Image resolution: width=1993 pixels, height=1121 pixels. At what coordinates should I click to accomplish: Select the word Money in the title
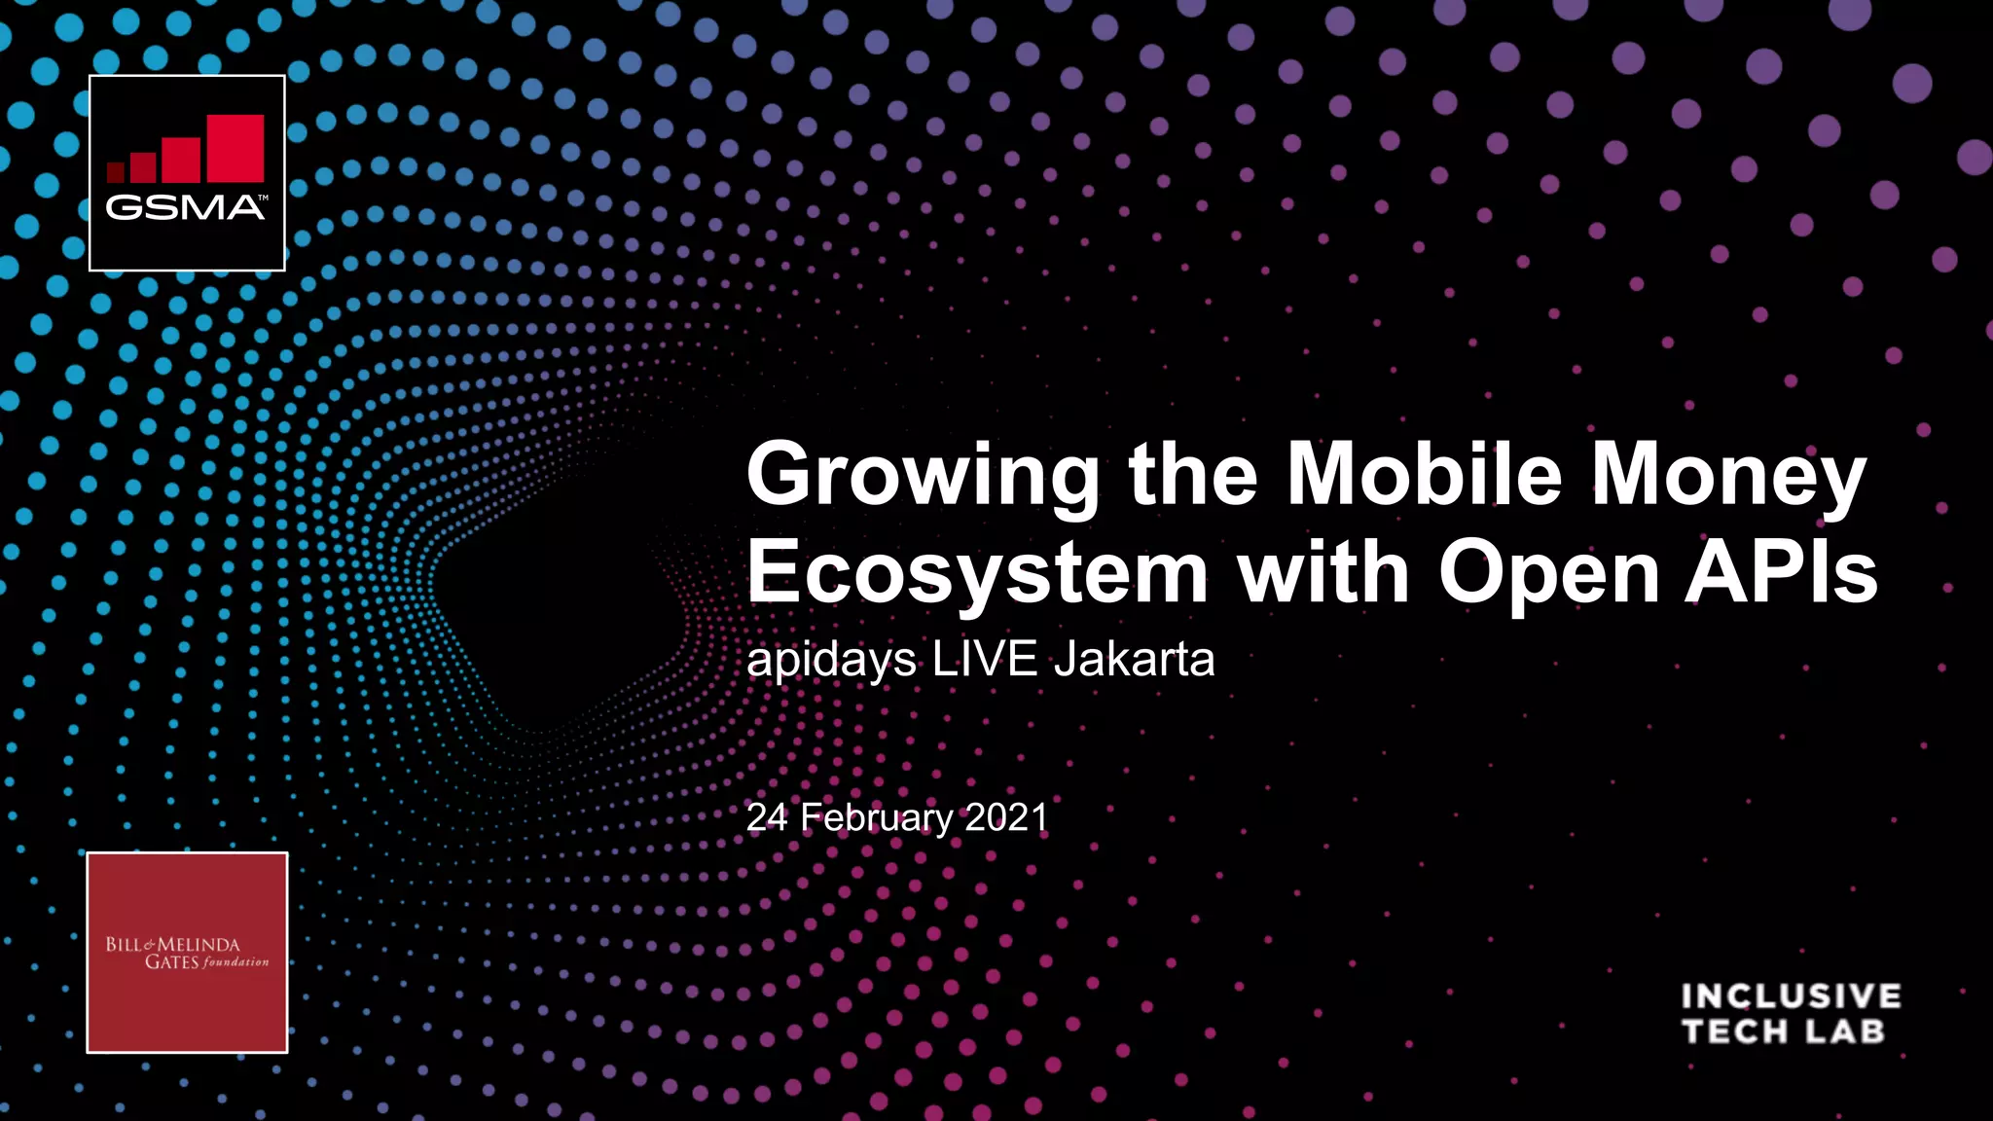tap(1728, 475)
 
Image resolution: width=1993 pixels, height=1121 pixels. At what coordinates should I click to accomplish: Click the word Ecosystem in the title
tap(977, 574)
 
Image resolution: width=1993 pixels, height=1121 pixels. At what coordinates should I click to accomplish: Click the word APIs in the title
tap(1781, 572)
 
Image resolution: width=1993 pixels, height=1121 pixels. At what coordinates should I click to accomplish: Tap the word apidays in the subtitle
tap(831, 661)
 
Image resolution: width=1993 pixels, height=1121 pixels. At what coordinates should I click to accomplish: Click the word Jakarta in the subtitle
tap(1134, 659)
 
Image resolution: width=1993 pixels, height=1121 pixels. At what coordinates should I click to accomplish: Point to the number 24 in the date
tap(767, 817)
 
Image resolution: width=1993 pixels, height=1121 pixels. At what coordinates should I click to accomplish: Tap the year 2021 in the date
tap(1006, 817)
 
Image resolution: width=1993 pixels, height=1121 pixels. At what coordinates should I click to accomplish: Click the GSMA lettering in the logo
tap(185, 207)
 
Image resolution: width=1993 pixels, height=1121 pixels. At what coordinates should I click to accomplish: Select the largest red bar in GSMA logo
tap(236, 148)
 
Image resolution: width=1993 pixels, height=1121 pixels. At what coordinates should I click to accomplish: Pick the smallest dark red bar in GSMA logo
tap(115, 172)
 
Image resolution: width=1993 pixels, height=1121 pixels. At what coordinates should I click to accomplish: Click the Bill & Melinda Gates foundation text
tap(187, 953)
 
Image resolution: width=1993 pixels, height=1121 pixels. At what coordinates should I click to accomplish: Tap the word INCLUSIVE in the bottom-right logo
tap(1791, 996)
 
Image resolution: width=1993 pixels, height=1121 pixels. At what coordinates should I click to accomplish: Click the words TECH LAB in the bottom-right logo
tap(1783, 1031)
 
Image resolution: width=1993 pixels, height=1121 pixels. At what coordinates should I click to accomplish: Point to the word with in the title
tap(1323, 572)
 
